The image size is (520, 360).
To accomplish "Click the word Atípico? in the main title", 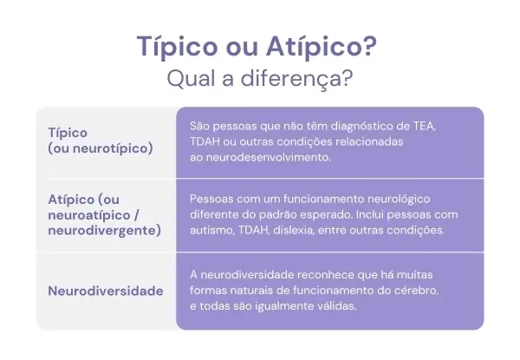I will (328, 47).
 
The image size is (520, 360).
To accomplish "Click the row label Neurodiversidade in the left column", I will (106, 291).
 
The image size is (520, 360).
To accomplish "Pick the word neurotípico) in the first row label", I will (109, 148).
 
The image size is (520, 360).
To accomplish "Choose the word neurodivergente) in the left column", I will (105, 231).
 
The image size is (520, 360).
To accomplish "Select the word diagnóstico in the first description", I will (347, 126).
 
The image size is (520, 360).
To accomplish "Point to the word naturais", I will (255, 290).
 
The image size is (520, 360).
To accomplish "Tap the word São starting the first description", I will (200, 126).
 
